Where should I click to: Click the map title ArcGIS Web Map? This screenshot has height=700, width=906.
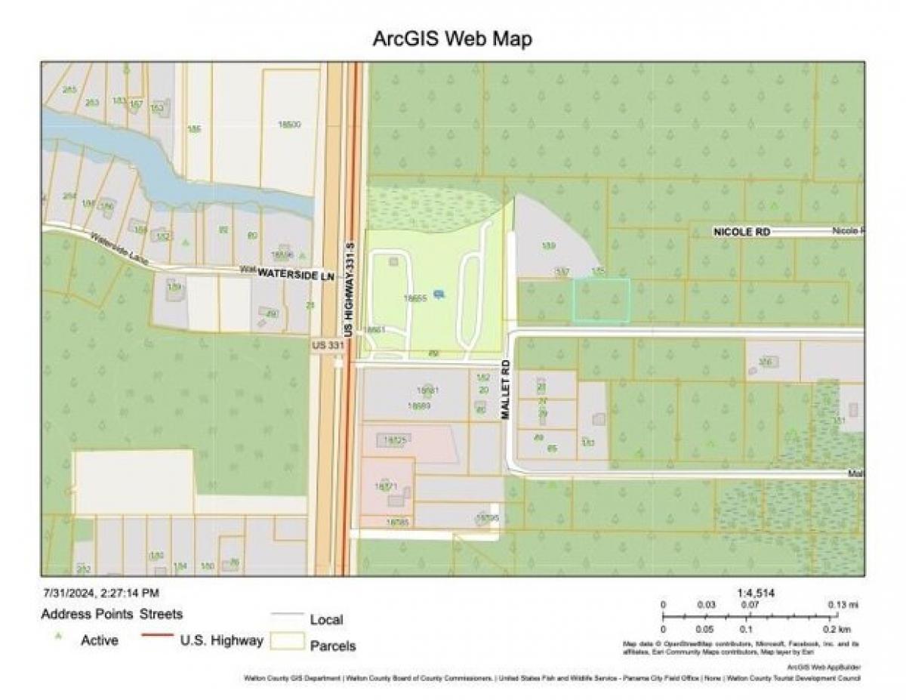[x=452, y=39]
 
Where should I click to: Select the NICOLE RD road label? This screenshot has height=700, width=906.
[x=741, y=232]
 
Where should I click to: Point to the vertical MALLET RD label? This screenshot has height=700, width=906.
[x=506, y=390]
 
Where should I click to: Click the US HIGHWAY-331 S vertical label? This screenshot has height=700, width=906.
[x=349, y=289]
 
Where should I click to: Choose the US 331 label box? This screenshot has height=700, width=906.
[x=328, y=345]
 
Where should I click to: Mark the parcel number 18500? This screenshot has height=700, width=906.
[x=289, y=124]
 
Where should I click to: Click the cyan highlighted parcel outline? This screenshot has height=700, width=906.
[x=601, y=301]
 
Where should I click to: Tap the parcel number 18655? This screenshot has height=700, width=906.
[x=415, y=298]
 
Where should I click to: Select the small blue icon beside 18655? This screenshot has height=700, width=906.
[x=439, y=294]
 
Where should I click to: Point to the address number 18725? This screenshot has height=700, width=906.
[x=395, y=439]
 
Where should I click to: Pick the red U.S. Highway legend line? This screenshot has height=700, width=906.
[x=156, y=635]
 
